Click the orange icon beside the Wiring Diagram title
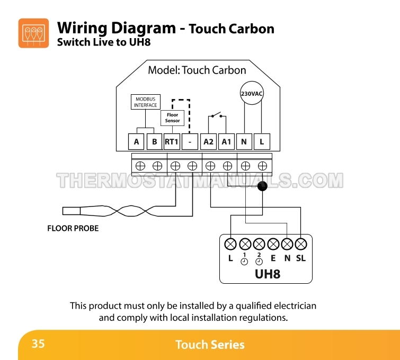coord(33,33)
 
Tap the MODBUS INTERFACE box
coord(145,102)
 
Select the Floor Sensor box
coord(172,118)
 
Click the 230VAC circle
coord(252,94)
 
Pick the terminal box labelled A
coord(136,141)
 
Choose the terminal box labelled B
coord(154,141)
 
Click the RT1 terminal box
coord(172,141)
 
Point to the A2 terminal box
coord(208,141)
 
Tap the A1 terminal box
coord(226,141)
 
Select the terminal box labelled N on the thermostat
coord(244,141)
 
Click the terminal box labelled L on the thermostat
coord(262,141)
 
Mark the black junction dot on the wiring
coord(262,186)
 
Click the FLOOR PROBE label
coord(73,229)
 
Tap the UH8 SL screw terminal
coord(301,244)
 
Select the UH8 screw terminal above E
coord(273,244)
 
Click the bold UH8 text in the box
coord(267,274)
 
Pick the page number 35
coord(38,344)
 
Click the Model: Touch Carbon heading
coord(197,70)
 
